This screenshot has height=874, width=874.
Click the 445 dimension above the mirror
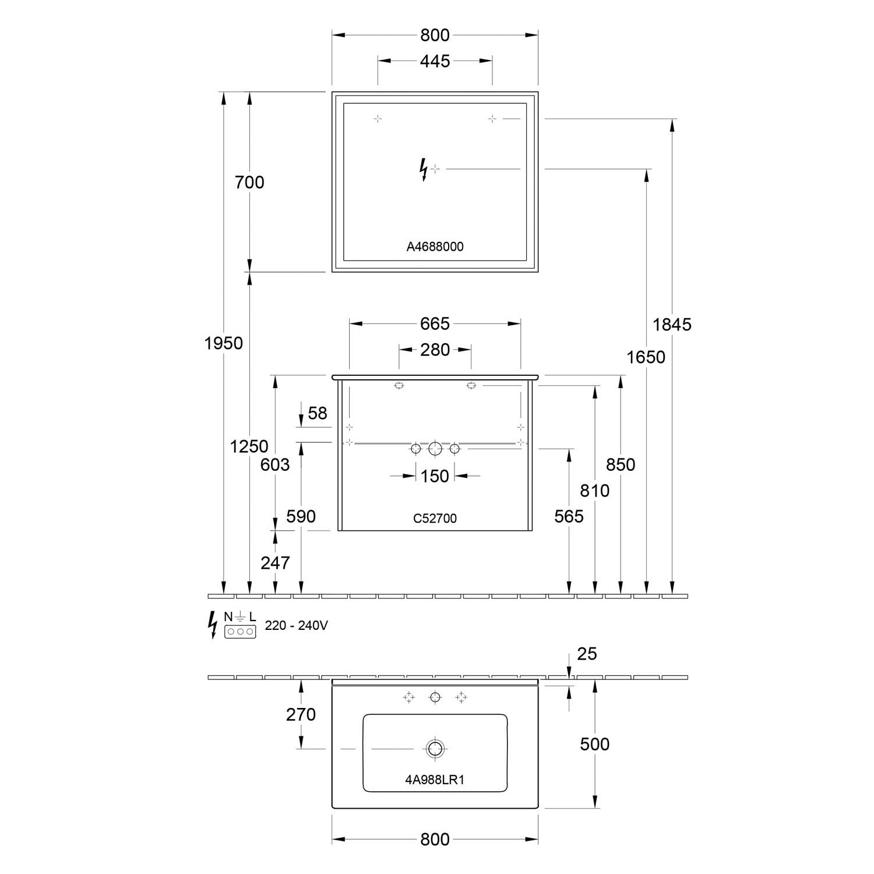435,61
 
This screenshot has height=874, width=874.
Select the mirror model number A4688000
435,246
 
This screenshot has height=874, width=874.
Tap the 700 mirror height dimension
249,182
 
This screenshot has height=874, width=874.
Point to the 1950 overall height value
224,343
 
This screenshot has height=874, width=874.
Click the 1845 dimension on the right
672,325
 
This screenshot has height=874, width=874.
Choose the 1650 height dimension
646,357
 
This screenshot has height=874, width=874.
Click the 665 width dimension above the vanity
435,323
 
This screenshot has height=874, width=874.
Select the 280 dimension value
435,350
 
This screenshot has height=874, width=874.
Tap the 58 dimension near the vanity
318,413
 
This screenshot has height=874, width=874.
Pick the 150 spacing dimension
435,476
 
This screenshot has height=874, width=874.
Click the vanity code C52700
435,518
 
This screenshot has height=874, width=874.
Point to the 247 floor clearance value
275,562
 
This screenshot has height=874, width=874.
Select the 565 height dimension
569,516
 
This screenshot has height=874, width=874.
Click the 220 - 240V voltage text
297,626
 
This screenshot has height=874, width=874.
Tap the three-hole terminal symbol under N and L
240,631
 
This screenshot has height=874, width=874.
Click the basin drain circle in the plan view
435,748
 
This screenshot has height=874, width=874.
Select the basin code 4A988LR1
435,780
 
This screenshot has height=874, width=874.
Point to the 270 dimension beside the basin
301,714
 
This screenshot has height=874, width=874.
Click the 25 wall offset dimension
587,654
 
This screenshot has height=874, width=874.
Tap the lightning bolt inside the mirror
424,170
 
